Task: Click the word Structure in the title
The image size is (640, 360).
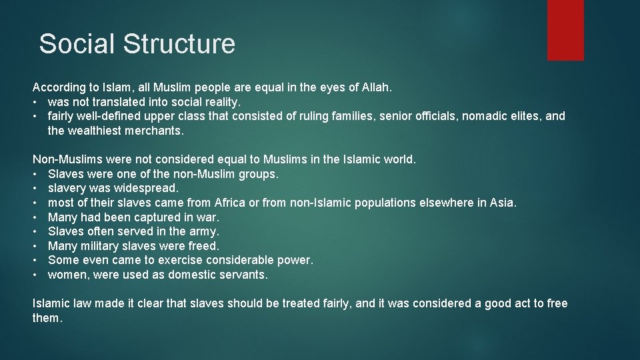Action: pyautogui.click(x=179, y=44)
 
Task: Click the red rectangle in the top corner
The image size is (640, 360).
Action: pyautogui.click(x=565, y=30)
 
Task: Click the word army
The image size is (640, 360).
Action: pyautogui.click(x=204, y=231)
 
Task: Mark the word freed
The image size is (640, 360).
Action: pyautogui.click(x=203, y=246)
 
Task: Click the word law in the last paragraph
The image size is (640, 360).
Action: pyautogui.click(x=81, y=303)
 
